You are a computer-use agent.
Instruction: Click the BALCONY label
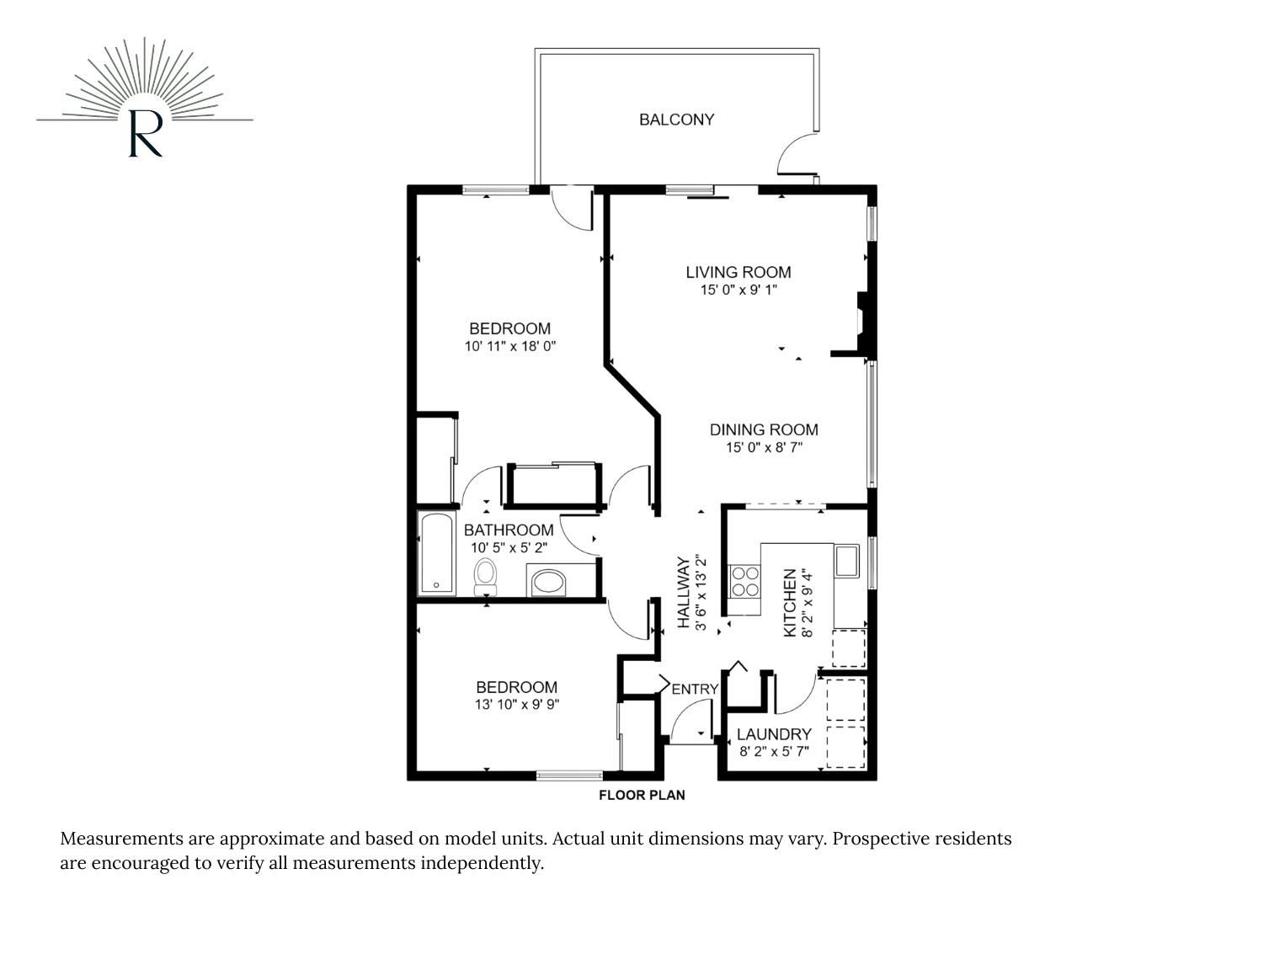tap(676, 120)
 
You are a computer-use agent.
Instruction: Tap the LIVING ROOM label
tap(738, 272)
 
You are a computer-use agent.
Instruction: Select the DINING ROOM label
tap(764, 429)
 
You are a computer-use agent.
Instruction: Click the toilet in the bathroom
tap(485, 576)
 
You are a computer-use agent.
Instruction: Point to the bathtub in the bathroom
tap(437, 552)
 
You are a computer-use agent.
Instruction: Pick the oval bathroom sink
tap(548, 583)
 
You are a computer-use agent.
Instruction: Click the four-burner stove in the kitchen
tap(744, 581)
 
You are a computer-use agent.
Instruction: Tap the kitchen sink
tap(846, 561)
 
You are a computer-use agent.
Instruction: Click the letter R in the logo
tap(145, 134)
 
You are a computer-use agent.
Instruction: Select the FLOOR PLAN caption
tap(642, 795)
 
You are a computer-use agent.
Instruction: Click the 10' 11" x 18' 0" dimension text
tap(510, 346)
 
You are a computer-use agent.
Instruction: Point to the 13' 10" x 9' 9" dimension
tap(517, 704)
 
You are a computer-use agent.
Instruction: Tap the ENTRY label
tap(695, 689)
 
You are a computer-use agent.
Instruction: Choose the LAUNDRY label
tap(774, 734)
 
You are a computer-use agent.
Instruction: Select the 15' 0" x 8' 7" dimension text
tap(764, 448)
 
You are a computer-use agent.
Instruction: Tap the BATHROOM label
tap(509, 530)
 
